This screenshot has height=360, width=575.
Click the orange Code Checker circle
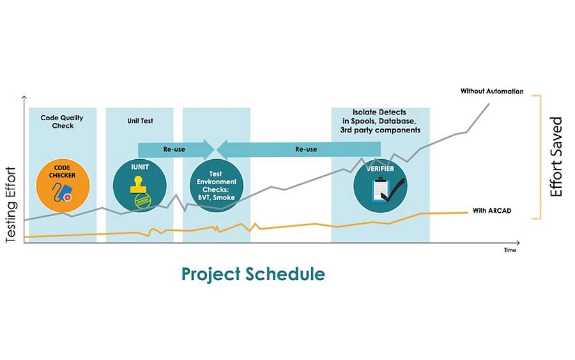63,185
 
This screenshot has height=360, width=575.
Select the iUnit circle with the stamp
140,185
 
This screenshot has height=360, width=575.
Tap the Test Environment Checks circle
217,185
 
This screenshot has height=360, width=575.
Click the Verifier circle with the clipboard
380,185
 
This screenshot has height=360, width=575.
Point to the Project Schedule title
253,274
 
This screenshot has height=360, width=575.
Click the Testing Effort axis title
11,205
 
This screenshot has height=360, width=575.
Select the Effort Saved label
556,157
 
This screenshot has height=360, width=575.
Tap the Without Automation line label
492,91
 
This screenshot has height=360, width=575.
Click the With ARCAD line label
492,210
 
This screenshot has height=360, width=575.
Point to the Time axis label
510,250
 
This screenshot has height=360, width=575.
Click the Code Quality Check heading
62,121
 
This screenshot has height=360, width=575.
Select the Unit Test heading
140,121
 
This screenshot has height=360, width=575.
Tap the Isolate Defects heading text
380,121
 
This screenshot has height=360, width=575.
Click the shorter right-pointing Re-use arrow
176,150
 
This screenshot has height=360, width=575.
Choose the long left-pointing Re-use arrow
299,150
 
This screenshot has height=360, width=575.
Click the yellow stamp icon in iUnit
139,185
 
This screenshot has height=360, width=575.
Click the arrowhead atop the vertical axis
24,97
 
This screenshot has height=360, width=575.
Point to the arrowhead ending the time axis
517,242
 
